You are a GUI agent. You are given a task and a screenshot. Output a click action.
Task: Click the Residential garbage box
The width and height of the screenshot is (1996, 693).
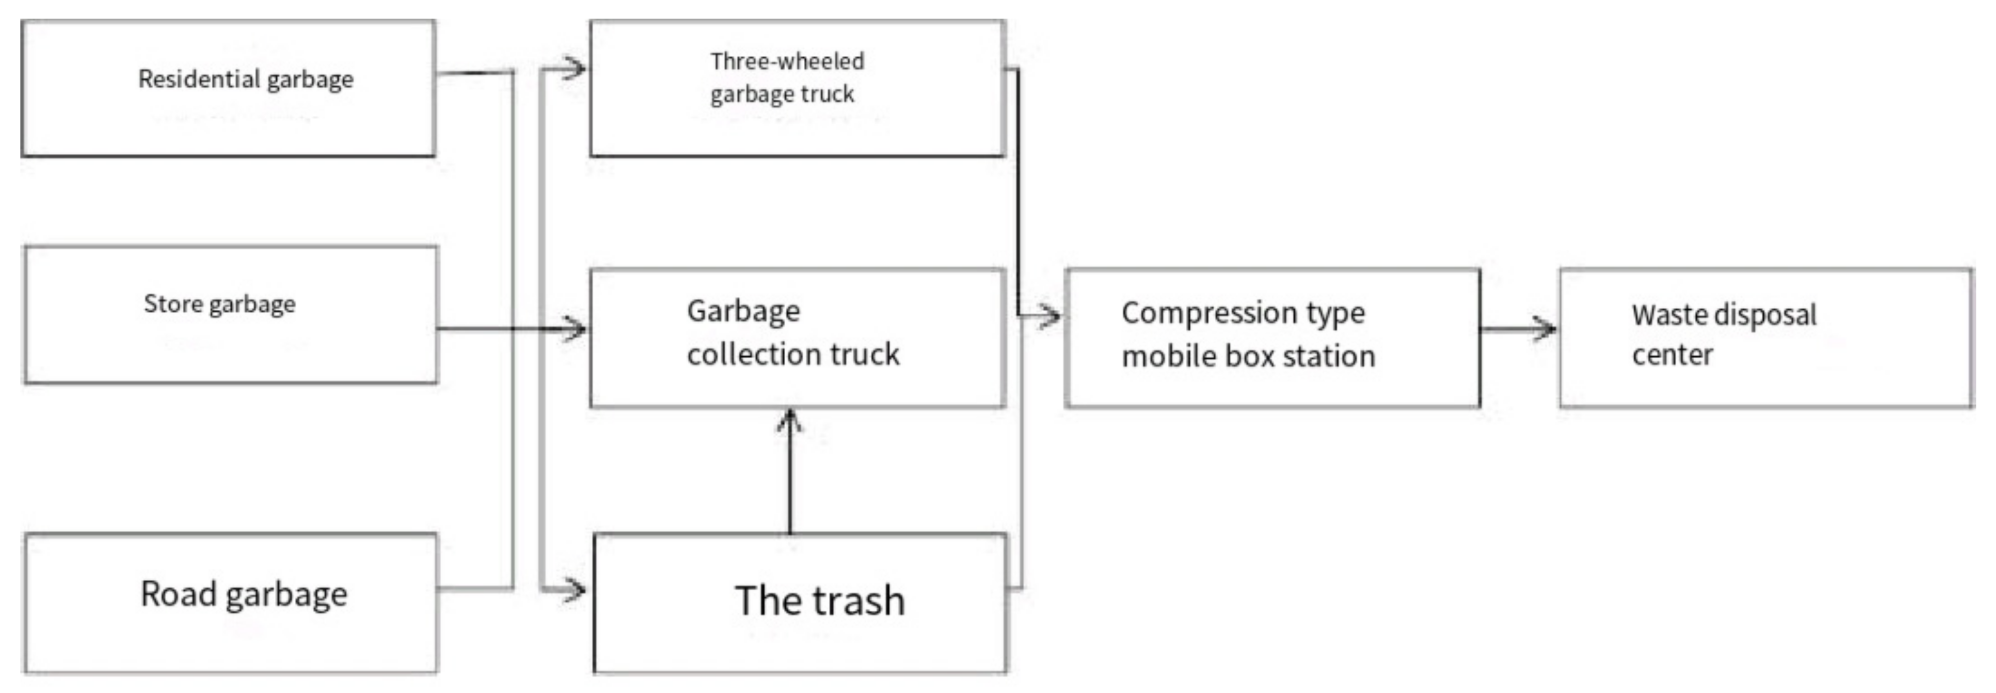tap(228, 88)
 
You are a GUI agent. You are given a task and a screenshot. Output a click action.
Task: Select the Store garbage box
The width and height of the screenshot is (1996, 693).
tap(230, 315)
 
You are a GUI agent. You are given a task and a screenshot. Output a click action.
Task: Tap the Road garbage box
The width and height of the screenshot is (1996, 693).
tap(230, 602)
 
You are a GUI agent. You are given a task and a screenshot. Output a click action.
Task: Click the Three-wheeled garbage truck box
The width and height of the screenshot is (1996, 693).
tap(797, 88)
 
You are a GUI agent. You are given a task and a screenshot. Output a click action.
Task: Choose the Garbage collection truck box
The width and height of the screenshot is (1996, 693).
tap(797, 338)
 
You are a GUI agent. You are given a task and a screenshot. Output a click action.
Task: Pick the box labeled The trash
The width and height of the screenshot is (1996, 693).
tap(800, 602)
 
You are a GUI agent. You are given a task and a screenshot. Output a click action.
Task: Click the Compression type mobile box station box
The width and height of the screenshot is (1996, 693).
tap(1272, 338)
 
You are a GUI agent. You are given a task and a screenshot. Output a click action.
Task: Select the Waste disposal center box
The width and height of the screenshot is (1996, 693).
tap(1766, 338)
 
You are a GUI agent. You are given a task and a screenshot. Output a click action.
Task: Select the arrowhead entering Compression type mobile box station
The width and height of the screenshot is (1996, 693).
tap(1049, 316)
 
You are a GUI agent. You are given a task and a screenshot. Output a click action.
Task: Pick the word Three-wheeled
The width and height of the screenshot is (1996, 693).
tap(787, 61)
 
